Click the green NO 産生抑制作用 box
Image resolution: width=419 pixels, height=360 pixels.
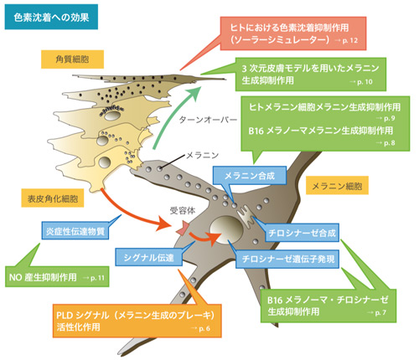point(58,276)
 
